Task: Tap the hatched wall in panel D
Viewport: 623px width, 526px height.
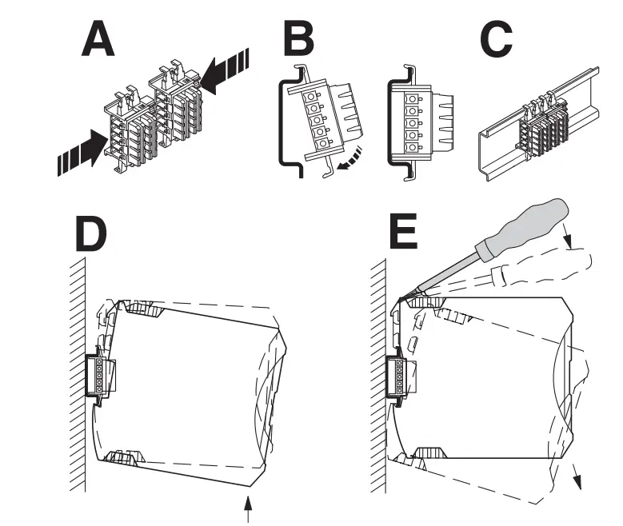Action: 77,376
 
